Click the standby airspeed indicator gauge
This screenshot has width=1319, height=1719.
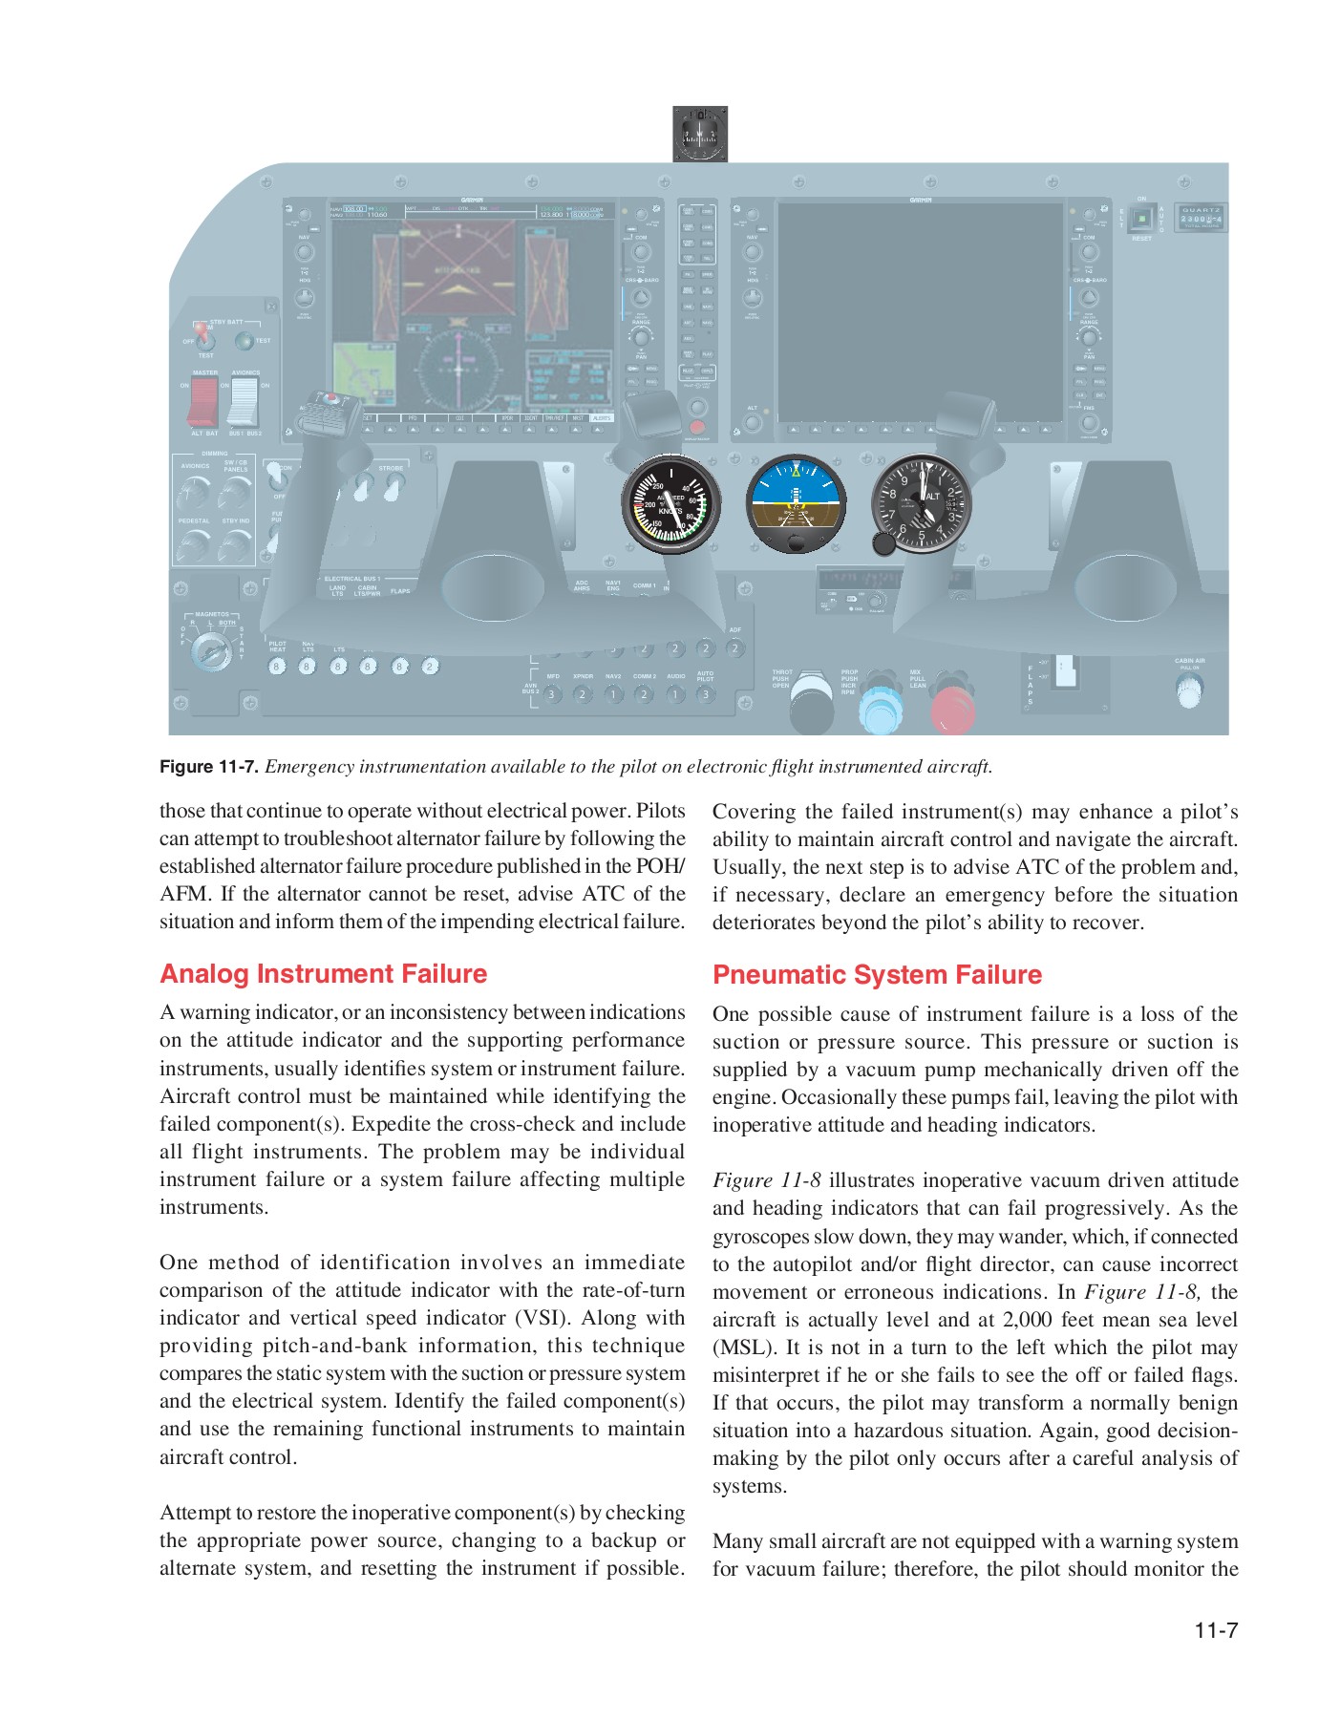[670, 503]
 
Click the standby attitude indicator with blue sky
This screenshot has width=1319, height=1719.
[795, 503]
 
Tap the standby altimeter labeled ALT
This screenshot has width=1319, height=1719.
[923, 503]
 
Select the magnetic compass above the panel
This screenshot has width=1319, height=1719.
[700, 134]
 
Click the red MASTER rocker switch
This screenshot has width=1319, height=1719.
[202, 401]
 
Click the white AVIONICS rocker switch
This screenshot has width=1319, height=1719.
[244, 401]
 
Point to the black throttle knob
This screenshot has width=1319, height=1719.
[811, 705]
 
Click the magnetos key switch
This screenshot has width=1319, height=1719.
[210, 652]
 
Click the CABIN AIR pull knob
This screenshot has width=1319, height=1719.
[1189, 690]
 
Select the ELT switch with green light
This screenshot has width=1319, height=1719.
[1141, 220]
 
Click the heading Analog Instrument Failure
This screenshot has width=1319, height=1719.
[323, 974]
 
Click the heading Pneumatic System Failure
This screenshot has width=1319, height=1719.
[877, 975]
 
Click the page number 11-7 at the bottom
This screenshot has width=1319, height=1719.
[1215, 1630]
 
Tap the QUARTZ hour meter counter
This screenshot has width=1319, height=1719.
[1201, 219]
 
